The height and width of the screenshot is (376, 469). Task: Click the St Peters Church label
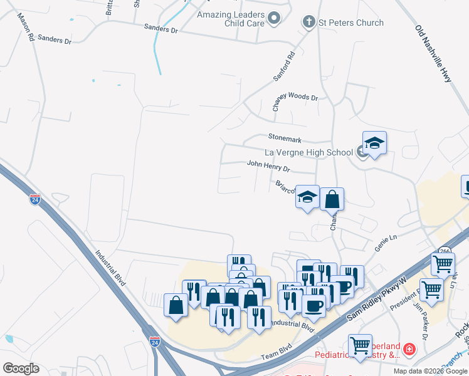351,23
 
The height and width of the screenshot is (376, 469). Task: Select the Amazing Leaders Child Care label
231,19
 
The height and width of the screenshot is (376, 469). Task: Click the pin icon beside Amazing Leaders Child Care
274,19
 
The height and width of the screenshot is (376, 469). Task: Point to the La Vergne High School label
308,152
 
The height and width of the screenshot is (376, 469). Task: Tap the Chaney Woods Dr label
295,97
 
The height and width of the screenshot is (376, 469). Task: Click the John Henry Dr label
268,166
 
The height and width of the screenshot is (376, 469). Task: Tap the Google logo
21,368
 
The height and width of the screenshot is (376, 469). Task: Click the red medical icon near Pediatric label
409,348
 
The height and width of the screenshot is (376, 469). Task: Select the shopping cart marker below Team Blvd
360,346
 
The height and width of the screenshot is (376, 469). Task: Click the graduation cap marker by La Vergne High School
374,144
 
